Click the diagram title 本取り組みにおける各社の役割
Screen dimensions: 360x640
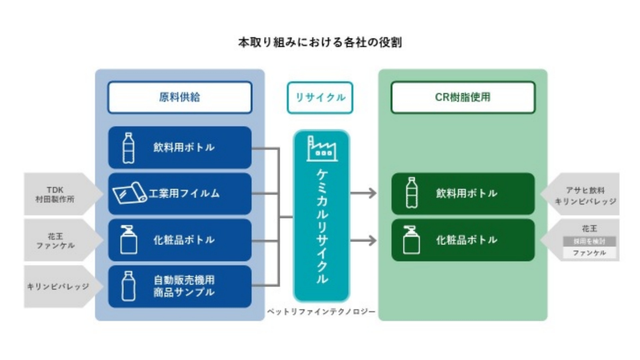[320, 43]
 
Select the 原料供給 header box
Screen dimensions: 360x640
[180, 97]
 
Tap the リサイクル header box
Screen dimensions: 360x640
[320, 97]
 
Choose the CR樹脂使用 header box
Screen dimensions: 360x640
[463, 97]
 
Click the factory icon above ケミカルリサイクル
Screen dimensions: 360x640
[322, 149]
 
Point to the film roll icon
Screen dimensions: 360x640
[129, 193]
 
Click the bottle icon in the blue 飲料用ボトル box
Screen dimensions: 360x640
[128, 148]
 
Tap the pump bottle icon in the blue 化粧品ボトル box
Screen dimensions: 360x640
[128, 240]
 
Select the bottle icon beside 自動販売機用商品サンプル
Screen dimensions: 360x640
[128, 286]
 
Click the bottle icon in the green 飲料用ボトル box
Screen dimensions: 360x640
[412, 193]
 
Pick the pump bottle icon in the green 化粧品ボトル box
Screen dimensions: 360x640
[411, 240]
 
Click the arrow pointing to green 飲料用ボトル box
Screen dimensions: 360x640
[364, 193]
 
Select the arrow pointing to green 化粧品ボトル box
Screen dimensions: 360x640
[364, 240]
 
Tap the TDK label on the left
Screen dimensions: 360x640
[55, 190]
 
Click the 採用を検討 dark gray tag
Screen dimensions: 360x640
[589, 241]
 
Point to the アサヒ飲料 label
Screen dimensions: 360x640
[585, 190]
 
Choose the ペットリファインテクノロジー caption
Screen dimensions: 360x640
[321, 312]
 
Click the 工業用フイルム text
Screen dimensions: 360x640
[184, 193]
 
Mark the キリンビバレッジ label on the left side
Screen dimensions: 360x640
[58, 287]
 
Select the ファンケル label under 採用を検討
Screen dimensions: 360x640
[589, 253]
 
